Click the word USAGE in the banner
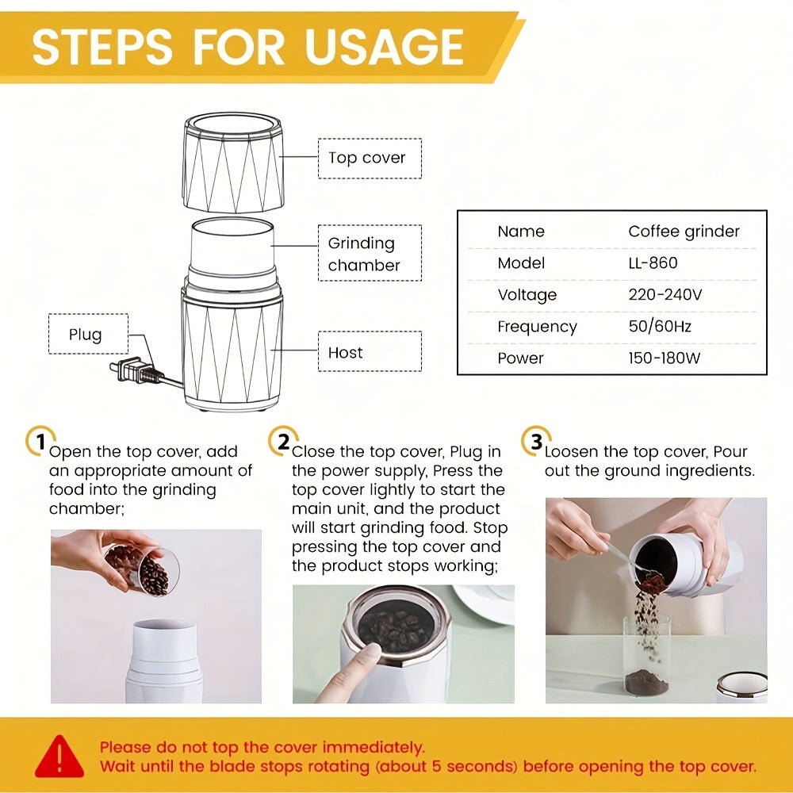[385, 47]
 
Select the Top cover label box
[370, 159]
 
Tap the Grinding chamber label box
[370, 253]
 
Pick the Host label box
[370, 351]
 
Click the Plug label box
[89, 334]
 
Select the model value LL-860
[653, 263]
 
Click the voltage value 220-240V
[665, 294]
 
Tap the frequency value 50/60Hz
[660, 326]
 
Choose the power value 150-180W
[665, 358]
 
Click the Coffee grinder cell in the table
[684, 232]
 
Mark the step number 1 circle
[40, 441]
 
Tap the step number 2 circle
[283, 441]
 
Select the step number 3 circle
[535, 441]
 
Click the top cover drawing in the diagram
[232, 162]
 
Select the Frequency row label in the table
[537, 327]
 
